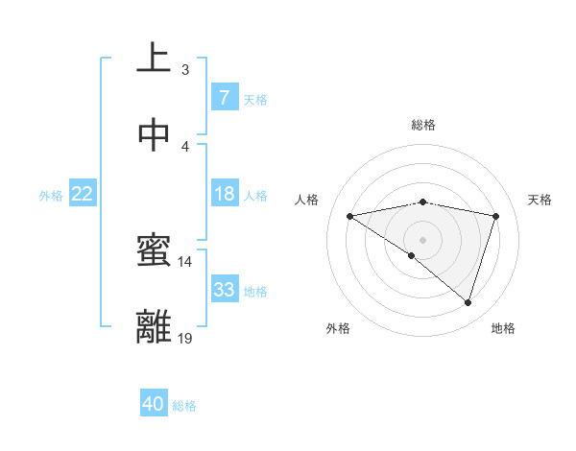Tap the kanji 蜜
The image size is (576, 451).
[154, 251]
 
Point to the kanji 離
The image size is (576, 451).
[154, 326]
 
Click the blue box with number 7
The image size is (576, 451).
[224, 97]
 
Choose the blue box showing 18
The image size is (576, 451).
[224, 194]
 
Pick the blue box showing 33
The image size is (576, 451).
[224, 289]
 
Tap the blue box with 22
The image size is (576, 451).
[83, 194]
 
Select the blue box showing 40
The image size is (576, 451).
[154, 404]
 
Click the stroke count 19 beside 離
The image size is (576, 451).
[185, 338]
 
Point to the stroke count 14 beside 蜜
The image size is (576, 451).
[185, 261]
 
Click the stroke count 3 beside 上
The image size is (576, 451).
[184, 69]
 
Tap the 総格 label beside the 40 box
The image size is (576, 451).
[185, 406]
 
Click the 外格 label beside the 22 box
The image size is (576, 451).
[51, 195]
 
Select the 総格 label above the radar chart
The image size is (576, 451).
[423, 125]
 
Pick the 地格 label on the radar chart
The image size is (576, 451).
[503, 328]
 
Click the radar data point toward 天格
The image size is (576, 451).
[495, 216]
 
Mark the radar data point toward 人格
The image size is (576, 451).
[350, 216]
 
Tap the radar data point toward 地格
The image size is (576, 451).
[468, 302]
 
